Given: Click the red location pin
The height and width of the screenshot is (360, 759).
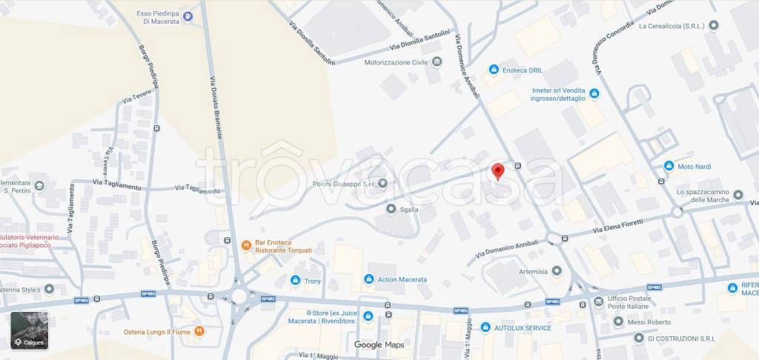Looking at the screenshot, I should [498, 170].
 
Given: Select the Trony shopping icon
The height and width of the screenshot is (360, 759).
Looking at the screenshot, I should [295, 281].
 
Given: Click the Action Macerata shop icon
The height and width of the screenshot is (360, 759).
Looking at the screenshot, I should [368, 279].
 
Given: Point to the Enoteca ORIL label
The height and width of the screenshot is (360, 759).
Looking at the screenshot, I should [525, 70].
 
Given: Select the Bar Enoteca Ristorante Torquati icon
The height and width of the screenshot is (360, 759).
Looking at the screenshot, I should [245, 244].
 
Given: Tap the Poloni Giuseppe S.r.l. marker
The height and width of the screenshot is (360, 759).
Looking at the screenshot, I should [383, 183].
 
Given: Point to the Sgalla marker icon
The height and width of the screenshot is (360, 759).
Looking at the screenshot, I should [391, 210].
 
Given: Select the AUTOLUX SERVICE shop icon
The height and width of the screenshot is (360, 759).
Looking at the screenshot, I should [485, 327].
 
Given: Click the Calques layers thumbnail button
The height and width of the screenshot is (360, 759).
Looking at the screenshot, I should [30, 330].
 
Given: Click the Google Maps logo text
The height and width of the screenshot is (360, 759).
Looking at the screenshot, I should [379, 344].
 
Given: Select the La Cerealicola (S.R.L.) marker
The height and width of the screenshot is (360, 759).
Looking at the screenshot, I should [714, 24].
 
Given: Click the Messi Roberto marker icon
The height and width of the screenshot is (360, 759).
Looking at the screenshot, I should [617, 322].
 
